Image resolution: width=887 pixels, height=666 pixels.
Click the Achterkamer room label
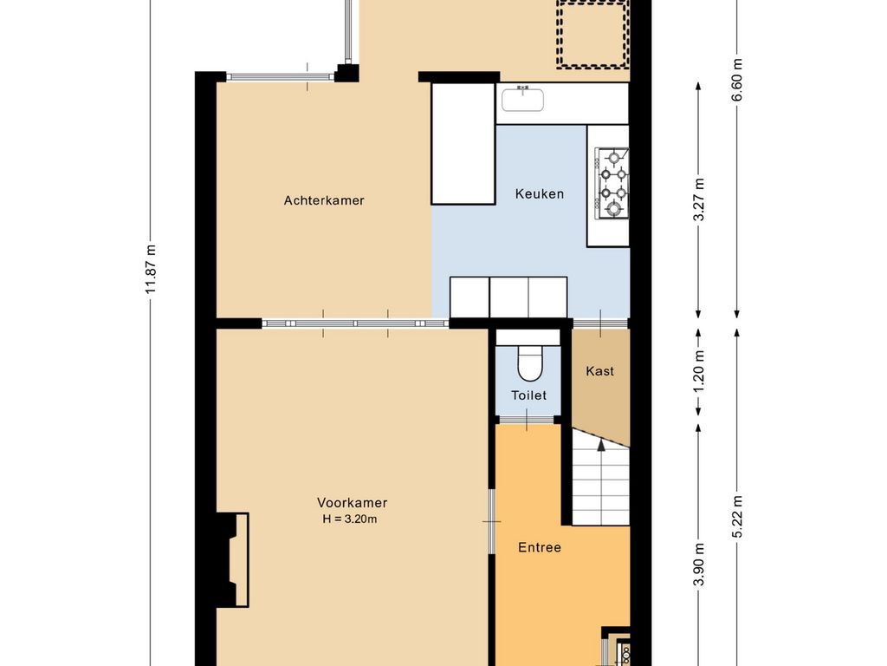tap(324, 200)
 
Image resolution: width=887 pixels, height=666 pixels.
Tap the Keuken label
tap(539, 193)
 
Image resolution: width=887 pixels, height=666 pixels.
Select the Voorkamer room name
tap(352, 502)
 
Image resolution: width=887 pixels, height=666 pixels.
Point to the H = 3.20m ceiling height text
tap(350, 519)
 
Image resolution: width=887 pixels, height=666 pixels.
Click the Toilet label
tap(529, 395)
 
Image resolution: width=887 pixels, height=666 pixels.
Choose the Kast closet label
tap(599, 371)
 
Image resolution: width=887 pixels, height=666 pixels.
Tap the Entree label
tap(540, 547)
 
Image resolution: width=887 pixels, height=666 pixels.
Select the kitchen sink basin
tap(522, 99)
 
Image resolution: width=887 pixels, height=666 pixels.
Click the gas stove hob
tap(612, 182)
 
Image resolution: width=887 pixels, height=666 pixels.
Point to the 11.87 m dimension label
tap(150, 270)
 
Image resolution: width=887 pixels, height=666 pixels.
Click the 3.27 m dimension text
tap(699, 199)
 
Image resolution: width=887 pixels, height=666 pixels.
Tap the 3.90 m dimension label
tap(699, 565)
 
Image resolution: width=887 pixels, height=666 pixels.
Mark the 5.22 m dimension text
tap(737, 517)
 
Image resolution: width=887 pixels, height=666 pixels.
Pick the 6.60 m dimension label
tap(737, 80)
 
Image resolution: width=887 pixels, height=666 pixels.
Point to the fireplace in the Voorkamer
tap(233, 559)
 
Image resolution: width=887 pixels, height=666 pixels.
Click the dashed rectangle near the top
tap(592, 34)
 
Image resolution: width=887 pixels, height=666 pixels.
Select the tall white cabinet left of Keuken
tap(463, 143)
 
